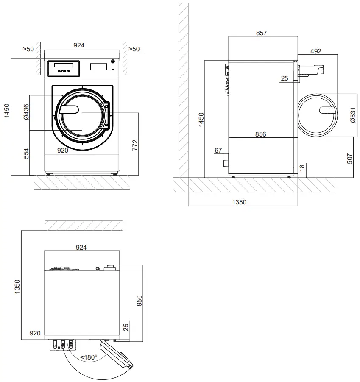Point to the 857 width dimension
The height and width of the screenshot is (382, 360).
click(262, 33)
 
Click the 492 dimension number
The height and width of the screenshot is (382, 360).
click(316, 51)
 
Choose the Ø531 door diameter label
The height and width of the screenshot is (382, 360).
click(353, 114)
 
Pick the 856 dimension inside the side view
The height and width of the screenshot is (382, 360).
click(261, 134)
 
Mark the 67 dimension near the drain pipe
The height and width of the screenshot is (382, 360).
click(218, 151)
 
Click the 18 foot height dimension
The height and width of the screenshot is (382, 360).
click(302, 167)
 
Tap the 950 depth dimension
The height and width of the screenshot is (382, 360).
click(139, 300)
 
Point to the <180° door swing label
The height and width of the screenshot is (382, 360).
click(89, 357)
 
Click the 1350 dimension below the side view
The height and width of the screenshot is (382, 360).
click(239, 202)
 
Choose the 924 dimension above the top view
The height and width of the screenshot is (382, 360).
click(81, 247)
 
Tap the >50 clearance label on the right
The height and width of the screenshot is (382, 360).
click(134, 49)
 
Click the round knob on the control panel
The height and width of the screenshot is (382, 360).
click(113, 62)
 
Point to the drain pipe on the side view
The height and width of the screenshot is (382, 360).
click(226, 162)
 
